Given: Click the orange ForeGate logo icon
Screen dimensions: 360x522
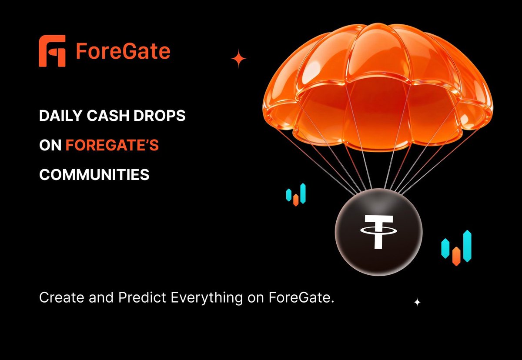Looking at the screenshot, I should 52,51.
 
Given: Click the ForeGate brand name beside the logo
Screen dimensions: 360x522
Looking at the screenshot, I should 123,51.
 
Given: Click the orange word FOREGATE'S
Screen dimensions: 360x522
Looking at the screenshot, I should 112,146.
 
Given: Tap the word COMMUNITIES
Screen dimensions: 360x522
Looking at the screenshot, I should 94,175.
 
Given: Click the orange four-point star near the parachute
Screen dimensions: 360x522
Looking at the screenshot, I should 238,59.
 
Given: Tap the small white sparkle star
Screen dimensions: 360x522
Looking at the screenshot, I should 417,302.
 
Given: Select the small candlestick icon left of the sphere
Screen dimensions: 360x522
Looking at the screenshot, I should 296,195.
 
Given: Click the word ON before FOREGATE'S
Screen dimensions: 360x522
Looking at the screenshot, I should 50,146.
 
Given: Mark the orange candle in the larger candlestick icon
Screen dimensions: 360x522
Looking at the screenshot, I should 456,256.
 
